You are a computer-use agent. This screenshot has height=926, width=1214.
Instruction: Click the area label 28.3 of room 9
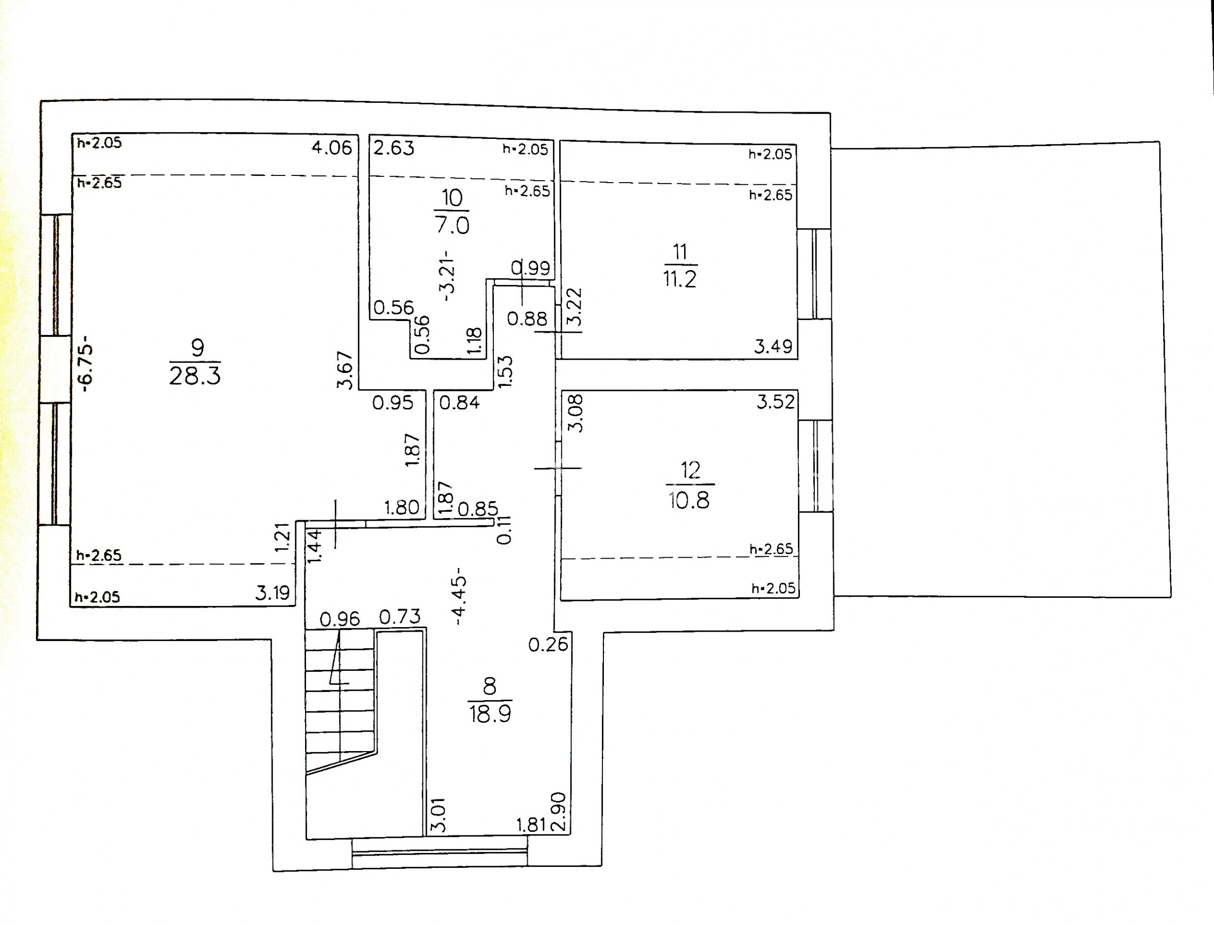pos(194,376)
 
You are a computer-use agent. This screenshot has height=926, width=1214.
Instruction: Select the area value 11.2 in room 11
pos(680,279)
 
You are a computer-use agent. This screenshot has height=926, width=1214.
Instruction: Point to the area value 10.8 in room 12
pos(689,501)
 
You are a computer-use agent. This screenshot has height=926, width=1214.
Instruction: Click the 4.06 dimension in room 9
pos(332,148)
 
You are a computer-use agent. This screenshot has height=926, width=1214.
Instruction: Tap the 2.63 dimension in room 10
pos(394,148)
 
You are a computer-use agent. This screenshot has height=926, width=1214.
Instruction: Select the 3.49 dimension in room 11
pos(773,346)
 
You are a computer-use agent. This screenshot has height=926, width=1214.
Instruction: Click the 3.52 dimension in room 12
pos(775,402)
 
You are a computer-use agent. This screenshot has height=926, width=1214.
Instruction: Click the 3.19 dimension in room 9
pos(272,593)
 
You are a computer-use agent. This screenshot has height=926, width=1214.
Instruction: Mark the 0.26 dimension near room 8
pos(548,644)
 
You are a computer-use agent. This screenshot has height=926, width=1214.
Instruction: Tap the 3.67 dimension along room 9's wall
pos(345,370)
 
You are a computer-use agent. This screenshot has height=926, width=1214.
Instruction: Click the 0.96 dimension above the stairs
pos(340,619)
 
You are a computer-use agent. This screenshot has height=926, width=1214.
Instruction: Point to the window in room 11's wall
pos(814,273)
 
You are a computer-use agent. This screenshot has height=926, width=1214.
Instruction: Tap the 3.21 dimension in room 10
pos(449,276)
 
